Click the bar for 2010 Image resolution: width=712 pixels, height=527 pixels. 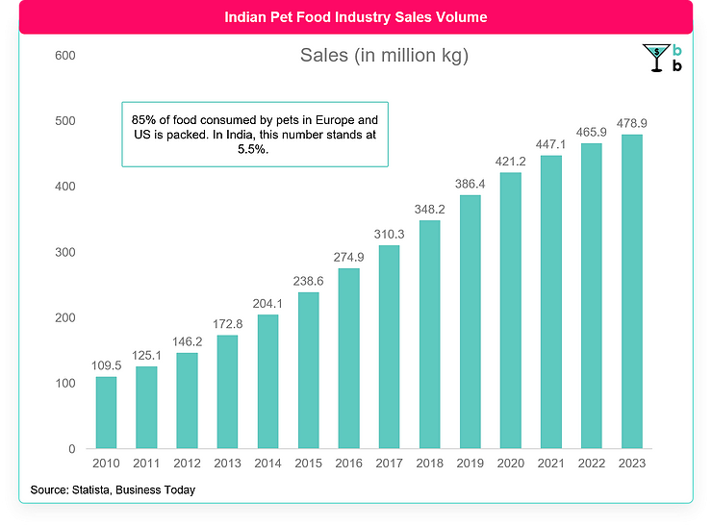coord(106,413)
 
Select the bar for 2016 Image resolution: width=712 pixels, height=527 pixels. coord(348,358)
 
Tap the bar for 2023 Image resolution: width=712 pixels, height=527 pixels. coord(631,291)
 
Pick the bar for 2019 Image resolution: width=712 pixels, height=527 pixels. coord(470,321)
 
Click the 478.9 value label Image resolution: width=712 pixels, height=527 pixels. coord(631,124)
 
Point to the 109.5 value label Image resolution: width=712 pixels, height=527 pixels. coord(106,366)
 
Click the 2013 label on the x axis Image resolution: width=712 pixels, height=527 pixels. coord(227,463)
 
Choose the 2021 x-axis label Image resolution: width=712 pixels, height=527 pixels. coord(550,463)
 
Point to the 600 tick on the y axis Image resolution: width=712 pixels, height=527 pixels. coord(65,56)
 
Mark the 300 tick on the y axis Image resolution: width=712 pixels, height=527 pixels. coord(65,252)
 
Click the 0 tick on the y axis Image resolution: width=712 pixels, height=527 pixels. coord(71,449)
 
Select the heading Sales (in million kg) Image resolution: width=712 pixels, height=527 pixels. coord(384,56)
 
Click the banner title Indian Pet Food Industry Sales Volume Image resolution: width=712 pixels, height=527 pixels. coord(355,17)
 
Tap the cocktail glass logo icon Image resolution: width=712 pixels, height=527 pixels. coord(655,59)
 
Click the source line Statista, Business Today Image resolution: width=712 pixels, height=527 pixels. coord(113,490)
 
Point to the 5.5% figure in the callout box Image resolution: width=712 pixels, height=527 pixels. coord(254,150)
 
